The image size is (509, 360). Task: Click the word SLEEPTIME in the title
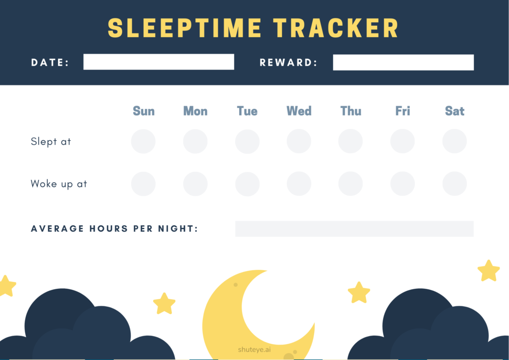(x=184, y=28)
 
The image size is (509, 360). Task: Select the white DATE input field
(x=159, y=62)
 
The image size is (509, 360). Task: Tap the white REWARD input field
(x=403, y=62)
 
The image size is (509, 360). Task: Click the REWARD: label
(x=289, y=63)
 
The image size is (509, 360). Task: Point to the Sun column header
(x=144, y=111)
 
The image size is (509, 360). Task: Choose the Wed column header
(x=299, y=111)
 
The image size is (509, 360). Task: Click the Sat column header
(x=454, y=111)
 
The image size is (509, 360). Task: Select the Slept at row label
(x=51, y=142)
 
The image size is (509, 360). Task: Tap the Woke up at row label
(x=59, y=184)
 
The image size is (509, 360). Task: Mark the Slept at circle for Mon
(x=195, y=141)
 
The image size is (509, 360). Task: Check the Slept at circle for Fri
(x=403, y=141)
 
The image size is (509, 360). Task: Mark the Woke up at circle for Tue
(x=248, y=184)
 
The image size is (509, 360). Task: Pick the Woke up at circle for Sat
(x=454, y=184)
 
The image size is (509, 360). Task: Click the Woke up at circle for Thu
(x=350, y=184)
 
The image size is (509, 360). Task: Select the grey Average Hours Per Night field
(x=354, y=229)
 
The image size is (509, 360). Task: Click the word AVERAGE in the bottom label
(x=57, y=229)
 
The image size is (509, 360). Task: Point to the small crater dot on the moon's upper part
(x=236, y=285)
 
